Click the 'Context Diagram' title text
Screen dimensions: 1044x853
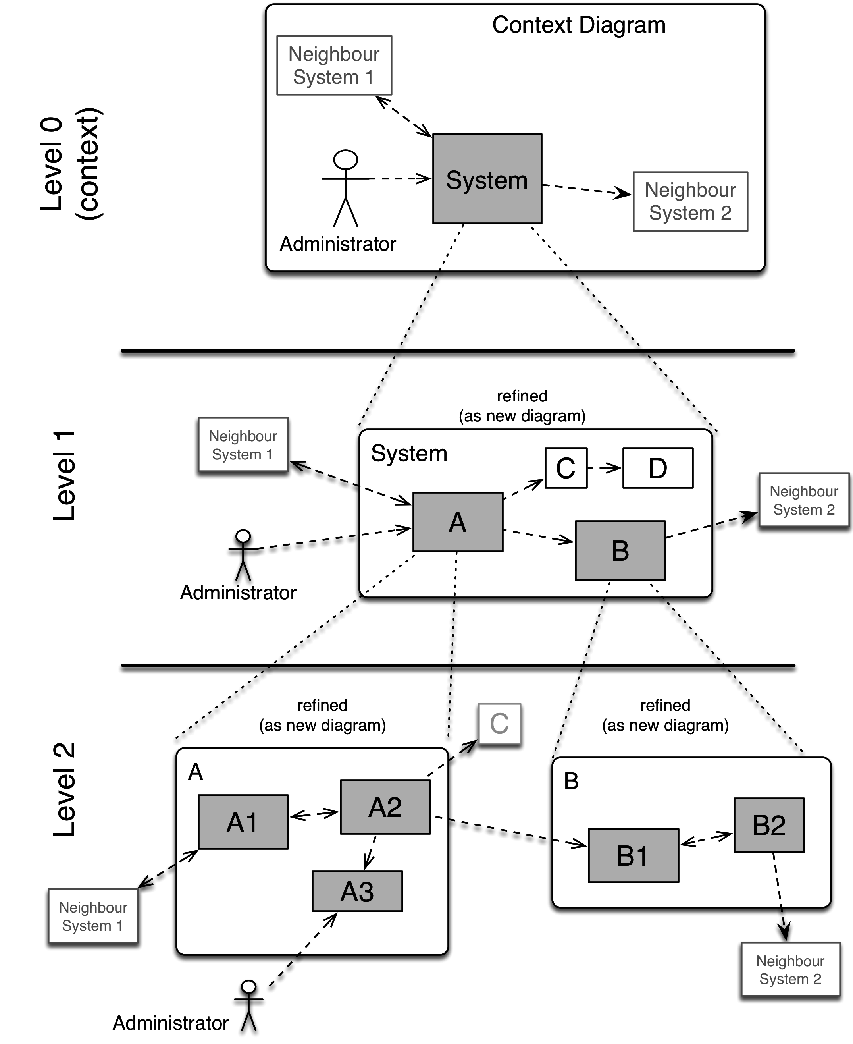pos(578,25)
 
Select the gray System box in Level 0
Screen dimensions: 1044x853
pos(487,179)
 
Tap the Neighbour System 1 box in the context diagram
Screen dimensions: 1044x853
pos(334,66)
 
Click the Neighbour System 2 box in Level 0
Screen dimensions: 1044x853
pos(690,201)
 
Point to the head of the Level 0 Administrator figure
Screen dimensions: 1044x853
pos(345,160)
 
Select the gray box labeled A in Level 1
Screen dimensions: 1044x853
pos(457,522)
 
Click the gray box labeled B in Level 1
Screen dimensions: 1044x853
pos(620,550)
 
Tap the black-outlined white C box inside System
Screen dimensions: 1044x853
pos(566,468)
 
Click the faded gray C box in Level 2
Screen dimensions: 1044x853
pos(499,724)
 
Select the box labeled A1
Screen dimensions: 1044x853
pos(243,822)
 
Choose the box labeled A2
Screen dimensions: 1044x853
pos(385,807)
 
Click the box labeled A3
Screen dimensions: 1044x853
pos(357,891)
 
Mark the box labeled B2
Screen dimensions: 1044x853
pos(768,825)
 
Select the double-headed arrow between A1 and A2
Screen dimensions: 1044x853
pos(314,814)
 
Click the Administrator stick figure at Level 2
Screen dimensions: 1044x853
pos(248,1005)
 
